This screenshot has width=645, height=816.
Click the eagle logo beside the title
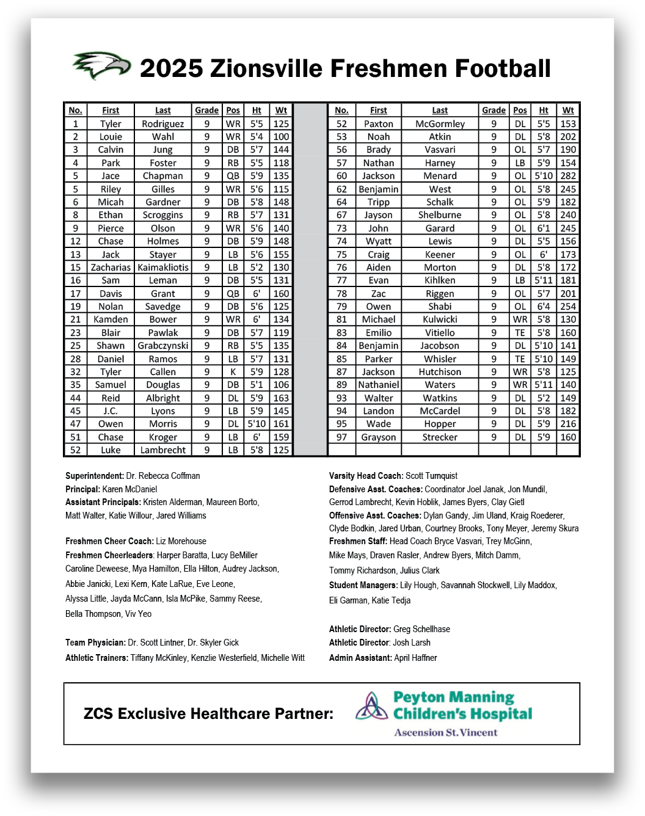pos(101,65)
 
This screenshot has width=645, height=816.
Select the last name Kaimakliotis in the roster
pos(163,268)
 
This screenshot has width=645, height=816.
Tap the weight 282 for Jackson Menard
pos(568,176)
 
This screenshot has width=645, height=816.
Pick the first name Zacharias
pos(111,268)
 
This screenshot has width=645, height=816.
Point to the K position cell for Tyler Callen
pos(233,372)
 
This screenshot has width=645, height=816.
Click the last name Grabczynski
pos(163,346)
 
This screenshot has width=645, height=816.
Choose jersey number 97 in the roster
pos(341,437)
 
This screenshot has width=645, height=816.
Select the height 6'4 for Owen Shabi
pos(544,307)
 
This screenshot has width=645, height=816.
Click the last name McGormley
pos(440,124)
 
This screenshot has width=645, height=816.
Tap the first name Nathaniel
pos(379,385)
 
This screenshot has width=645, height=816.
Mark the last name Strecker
pos(440,437)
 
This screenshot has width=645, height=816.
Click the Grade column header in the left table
pos(206,111)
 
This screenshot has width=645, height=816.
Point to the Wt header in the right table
pos(568,111)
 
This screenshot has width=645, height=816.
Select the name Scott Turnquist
pos(431,476)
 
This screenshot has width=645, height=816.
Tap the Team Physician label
pos(95,643)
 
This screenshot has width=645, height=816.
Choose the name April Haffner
pos(415,658)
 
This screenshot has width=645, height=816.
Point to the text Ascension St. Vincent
pos(446,732)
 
